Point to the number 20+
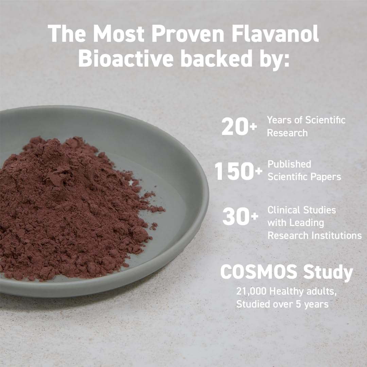click(x=239, y=127)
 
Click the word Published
click(x=289, y=164)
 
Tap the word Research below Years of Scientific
click(x=287, y=133)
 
